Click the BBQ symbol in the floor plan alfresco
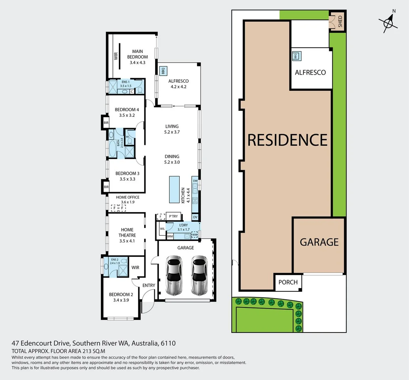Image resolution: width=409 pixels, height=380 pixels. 163,71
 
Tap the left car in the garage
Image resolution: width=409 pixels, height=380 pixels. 174,275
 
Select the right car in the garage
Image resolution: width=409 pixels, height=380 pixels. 199,275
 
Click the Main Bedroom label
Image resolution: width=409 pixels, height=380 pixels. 137,54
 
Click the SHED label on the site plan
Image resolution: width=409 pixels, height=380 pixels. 340,21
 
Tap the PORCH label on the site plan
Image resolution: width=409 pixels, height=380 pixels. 288,282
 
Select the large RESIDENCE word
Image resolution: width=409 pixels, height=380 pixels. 288,140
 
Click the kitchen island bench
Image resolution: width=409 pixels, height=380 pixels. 174,189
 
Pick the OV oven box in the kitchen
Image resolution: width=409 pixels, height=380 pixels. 195,217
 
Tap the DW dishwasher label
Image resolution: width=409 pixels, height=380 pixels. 195,181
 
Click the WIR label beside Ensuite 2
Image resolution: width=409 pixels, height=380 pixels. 136,267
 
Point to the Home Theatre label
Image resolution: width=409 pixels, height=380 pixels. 127,233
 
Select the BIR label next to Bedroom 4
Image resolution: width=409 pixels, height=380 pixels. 106,123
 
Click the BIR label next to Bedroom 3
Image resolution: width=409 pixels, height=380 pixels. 106,187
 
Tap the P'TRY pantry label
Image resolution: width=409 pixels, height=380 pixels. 174,216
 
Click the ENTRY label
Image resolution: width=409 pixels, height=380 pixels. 149,285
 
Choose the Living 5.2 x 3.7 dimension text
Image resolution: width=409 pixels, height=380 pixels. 172,132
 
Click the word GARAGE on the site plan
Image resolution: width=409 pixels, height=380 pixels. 319,242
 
